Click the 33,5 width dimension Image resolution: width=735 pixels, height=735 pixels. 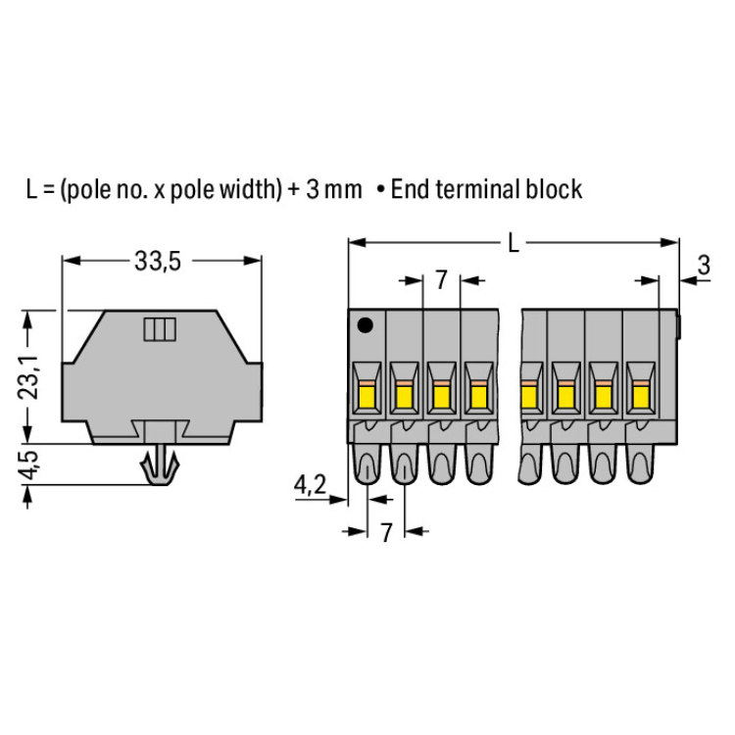click(x=158, y=261)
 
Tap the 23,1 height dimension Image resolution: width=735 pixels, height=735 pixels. click(x=28, y=377)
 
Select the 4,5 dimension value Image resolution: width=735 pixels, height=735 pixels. click(x=28, y=465)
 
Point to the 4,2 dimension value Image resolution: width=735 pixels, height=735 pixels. click(x=310, y=485)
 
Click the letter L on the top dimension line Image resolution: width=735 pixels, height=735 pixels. click(x=514, y=243)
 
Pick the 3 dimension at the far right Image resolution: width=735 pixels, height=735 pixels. click(x=704, y=265)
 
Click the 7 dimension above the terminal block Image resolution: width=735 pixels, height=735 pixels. click(x=441, y=280)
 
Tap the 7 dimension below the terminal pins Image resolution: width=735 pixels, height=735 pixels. click(x=385, y=533)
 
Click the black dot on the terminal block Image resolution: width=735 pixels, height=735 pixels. click(x=366, y=324)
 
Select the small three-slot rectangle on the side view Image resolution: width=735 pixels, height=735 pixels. click(x=160, y=329)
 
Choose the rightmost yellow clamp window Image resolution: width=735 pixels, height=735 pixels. click(x=641, y=395)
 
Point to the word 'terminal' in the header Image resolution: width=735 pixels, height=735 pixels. click(x=477, y=189)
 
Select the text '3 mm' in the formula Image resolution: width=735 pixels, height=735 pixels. click(x=334, y=189)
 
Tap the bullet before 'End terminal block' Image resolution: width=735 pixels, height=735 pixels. click(x=381, y=190)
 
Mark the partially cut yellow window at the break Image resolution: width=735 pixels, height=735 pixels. click(x=529, y=395)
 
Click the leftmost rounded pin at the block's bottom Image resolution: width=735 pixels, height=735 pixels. click(x=367, y=465)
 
